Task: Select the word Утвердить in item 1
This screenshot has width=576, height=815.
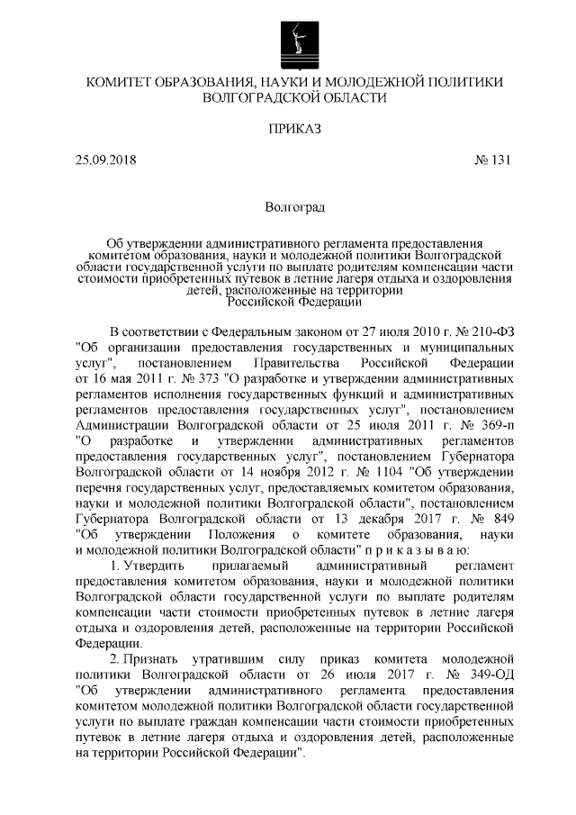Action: click(151, 565)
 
